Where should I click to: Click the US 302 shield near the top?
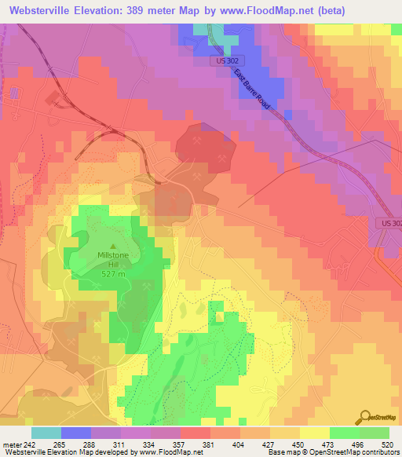pyautogui.click(x=228, y=60)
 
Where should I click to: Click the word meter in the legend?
pyautogui.click(x=12, y=444)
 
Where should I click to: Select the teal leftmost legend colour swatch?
pyautogui.click(x=46, y=433)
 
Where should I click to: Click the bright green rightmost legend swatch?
pyautogui.click(x=375, y=433)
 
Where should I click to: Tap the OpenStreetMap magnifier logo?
pyautogui.click(x=365, y=418)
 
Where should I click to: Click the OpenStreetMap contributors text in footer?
pyautogui.click(x=357, y=452)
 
